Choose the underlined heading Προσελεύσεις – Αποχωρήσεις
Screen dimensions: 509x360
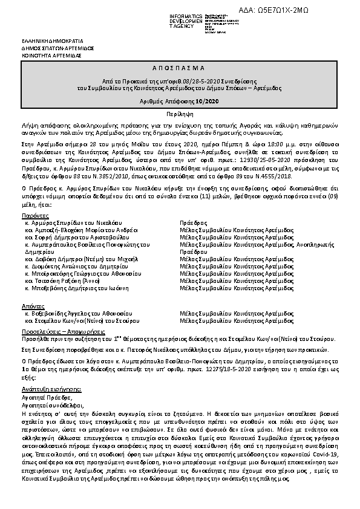click(61, 332)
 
